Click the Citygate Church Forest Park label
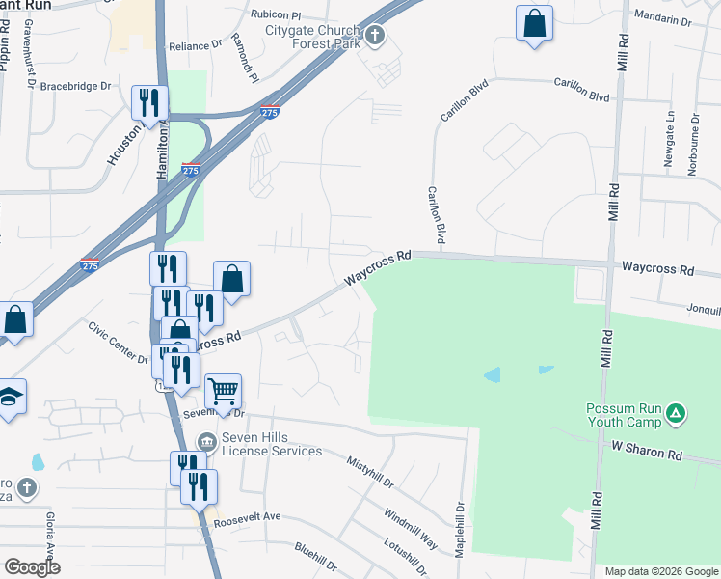313,36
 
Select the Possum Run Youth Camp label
625,415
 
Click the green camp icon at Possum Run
678,414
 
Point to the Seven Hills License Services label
271,444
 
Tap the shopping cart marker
223,391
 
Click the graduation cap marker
10,397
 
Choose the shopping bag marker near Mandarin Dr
534,23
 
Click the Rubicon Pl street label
276,15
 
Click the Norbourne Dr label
695,141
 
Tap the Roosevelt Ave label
247,517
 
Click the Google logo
32,567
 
